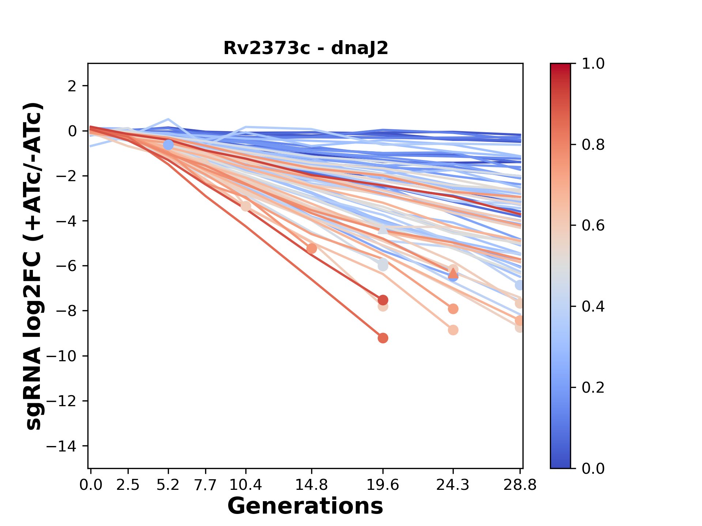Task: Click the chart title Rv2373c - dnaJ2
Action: point(306,48)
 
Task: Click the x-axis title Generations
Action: point(305,506)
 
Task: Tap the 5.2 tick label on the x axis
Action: point(168,485)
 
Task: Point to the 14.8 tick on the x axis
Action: point(312,485)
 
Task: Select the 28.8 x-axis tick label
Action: point(520,485)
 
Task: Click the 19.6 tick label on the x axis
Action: point(383,485)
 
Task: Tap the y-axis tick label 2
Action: point(73,86)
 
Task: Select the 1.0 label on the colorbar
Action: point(593,64)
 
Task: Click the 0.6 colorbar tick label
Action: point(593,226)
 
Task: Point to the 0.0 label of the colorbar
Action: point(593,469)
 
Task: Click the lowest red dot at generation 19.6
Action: point(383,338)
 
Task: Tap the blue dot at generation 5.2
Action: point(168,145)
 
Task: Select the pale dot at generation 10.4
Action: point(246,206)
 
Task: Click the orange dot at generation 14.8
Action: point(312,249)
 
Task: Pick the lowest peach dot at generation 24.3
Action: point(453,330)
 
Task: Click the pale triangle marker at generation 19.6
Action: point(383,229)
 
